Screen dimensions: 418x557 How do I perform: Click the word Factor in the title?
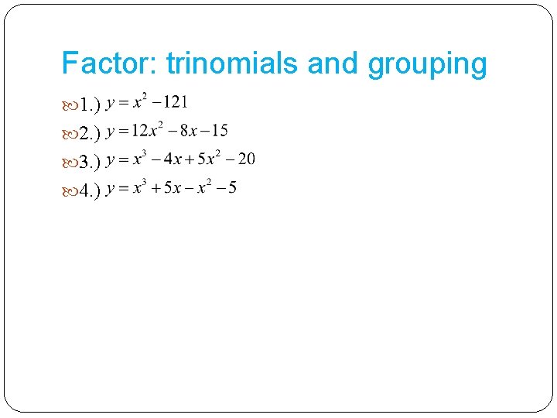[x=109, y=63]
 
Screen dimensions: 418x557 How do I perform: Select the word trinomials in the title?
[x=233, y=63]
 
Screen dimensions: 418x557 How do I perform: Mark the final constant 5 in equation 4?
[x=233, y=189]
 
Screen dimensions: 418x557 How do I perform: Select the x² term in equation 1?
[x=140, y=101]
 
